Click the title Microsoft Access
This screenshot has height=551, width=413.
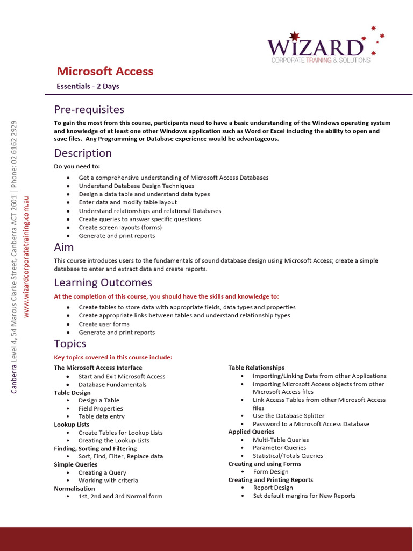tap(105, 72)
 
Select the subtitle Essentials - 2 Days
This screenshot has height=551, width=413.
tap(88, 86)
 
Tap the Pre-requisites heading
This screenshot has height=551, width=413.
tap(89, 110)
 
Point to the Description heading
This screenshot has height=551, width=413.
tap(83, 153)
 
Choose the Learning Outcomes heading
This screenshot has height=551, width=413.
tap(103, 282)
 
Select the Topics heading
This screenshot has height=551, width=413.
tap(70, 343)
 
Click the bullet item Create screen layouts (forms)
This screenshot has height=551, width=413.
tap(120, 227)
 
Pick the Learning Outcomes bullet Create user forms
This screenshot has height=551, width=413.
tap(104, 324)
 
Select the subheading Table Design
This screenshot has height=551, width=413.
tap(72, 393)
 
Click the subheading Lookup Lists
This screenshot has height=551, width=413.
tap(72, 425)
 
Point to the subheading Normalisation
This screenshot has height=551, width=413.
tap(74, 489)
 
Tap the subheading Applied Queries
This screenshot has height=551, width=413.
tap(251, 432)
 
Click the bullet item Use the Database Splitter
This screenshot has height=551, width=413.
tap(289, 416)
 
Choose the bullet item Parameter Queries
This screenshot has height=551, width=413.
tap(279, 448)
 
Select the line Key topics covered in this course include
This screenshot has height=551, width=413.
tap(113, 357)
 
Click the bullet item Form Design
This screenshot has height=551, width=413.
tap(270, 472)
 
